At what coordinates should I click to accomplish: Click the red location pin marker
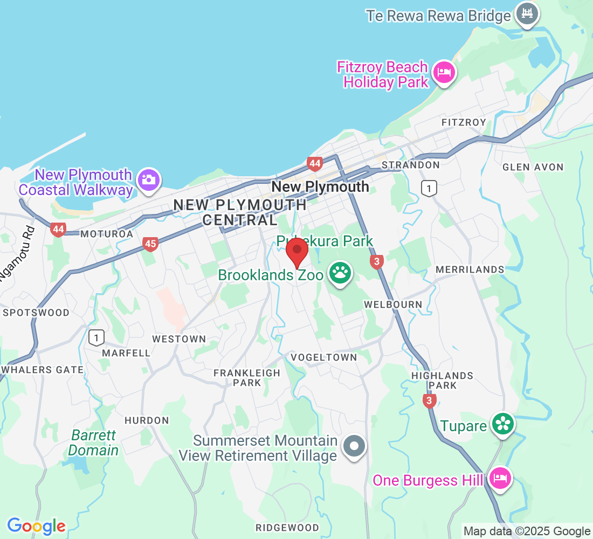click(296, 252)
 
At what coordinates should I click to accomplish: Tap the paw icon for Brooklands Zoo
click(340, 274)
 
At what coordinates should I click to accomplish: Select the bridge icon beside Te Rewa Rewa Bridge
click(527, 15)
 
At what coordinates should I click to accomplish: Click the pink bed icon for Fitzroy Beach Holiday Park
click(444, 73)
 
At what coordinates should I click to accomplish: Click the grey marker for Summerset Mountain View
click(355, 446)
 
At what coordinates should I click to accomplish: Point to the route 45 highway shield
click(150, 244)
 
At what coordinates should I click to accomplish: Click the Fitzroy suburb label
click(464, 122)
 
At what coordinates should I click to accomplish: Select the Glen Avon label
click(533, 167)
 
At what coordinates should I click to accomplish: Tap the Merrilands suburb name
click(470, 269)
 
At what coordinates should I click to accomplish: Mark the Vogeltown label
click(323, 357)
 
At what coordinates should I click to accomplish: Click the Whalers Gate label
click(43, 370)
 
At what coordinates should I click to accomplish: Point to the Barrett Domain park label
click(94, 443)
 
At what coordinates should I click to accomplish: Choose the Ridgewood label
click(287, 527)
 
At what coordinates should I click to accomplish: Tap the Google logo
click(36, 526)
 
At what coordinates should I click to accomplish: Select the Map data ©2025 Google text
click(527, 531)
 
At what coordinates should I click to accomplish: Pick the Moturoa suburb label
click(106, 234)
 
